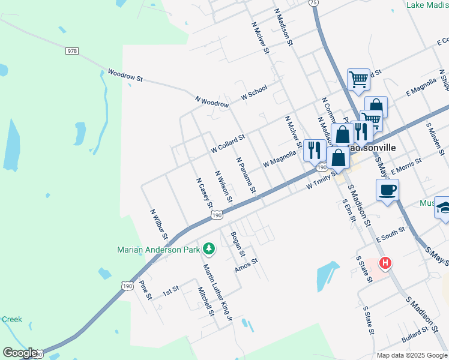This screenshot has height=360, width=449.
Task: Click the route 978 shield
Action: [x=72, y=52]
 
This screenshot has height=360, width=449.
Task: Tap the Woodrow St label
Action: [x=125, y=76]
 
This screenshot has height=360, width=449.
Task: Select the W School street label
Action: [x=254, y=92]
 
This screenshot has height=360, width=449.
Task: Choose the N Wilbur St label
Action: [x=159, y=227]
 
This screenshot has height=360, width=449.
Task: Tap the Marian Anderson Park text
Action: [x=159, y=249]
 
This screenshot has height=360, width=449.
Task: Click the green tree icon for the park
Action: [x=209, y=248]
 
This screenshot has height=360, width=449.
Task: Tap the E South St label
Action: [x=391, y=236]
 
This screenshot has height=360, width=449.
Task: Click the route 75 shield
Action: [x=313, y=3]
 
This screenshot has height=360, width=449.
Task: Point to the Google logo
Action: [x=19, y=353]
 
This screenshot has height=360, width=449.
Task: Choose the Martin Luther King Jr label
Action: [x=217, y=293]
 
